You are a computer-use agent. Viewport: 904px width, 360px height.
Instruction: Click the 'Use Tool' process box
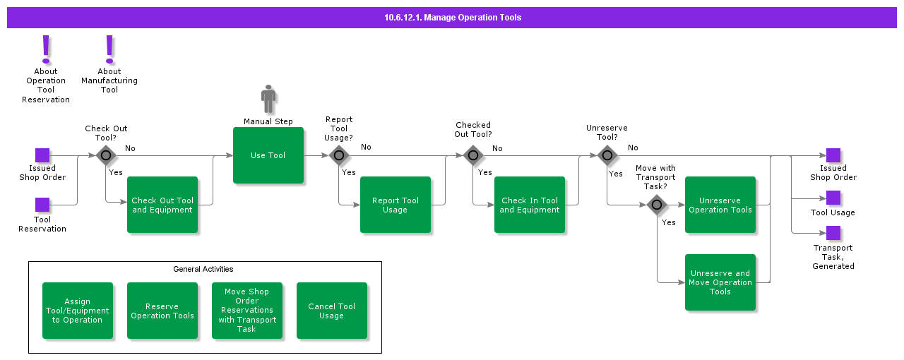[x=268, y=155]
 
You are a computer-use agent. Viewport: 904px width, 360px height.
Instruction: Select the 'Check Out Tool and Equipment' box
[x=162, y=205]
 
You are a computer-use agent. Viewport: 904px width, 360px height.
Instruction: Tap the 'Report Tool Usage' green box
[x=395, y=205]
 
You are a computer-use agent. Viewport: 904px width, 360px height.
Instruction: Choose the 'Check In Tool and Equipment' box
[x=530, y=205]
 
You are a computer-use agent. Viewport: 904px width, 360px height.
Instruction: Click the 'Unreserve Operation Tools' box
[x=720, y=205]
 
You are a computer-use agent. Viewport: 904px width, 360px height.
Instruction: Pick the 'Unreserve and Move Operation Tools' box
[x=720, y=282]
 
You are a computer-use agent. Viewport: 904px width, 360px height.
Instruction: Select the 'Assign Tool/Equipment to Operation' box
[x=78, y=311]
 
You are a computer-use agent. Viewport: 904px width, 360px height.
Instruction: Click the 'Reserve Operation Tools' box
[x=162, y=311]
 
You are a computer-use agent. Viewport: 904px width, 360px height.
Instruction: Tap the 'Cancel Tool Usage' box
[x=332, y=311]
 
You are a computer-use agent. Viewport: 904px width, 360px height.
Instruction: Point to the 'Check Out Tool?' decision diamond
[x=106, y=155]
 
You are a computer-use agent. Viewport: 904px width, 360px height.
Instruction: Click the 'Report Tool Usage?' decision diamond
[x=339, y=155]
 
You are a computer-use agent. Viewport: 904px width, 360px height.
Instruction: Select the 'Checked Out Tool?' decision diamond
[x=473, y=155]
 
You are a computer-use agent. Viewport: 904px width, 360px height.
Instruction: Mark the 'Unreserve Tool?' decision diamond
[x=607, y=155]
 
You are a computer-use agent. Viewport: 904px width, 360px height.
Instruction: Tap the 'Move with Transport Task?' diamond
[x=657, y=205]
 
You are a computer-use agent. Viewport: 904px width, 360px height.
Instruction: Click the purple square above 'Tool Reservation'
[x=42, y=205]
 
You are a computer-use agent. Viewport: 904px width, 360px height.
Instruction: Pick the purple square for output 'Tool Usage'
[x=833, y=198]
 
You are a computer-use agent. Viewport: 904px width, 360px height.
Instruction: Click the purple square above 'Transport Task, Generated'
[x=833, y=233]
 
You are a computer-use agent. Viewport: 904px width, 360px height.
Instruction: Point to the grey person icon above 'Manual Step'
[x=268, y=100]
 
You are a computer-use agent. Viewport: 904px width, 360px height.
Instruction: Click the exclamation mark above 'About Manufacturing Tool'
[x=109, y=49]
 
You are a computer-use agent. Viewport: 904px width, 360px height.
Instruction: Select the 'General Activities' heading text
[x=203, y=269]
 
